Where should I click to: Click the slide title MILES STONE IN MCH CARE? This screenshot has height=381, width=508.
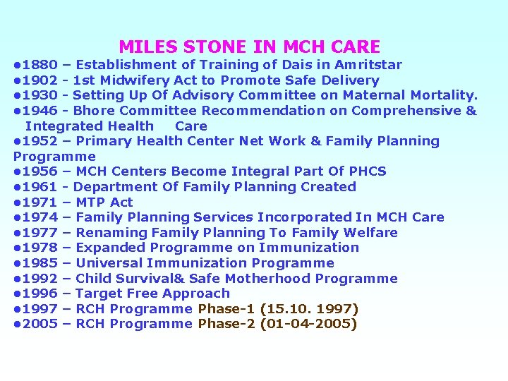[x=249, y=47]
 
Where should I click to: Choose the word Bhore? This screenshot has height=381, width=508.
[x=95, y=111]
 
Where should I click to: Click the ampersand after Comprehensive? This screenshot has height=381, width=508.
[x=471, y=111]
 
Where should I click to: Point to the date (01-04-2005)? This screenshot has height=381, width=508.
[x=308, y=325]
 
